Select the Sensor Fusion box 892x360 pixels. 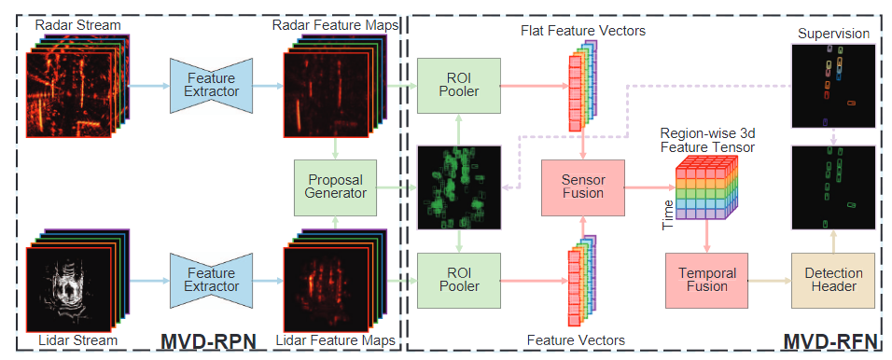pyautogui.click(x=583, y=185)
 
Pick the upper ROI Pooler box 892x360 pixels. pyautogui.click(x=459, y=85)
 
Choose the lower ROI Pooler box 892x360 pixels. pyautogui.click(x=459, y=281)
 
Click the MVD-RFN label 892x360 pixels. pyautogui.click(x=827, y=342)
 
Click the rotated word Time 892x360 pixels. pyautogui.click(x=667, y=214)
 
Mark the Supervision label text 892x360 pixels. pyautogui.click(x=833, y=34)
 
